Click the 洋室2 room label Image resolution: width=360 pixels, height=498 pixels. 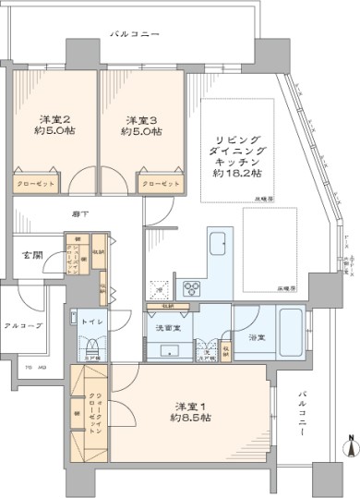54,124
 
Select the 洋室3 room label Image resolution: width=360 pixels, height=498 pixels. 140,124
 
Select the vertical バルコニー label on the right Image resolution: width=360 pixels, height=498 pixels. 304,414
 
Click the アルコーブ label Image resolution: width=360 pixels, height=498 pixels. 22,326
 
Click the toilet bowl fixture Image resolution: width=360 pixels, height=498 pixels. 91,346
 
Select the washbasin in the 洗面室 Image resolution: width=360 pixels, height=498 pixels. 168,349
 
